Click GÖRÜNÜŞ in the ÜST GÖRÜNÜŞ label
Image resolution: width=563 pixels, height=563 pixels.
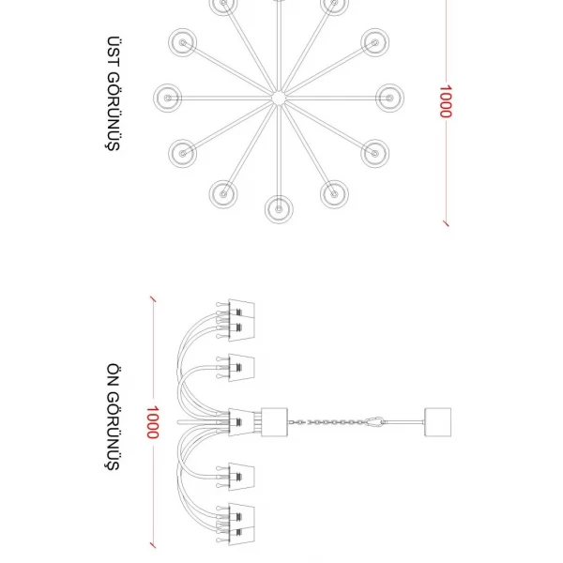(113, 112)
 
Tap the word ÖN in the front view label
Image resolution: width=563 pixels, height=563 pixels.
(113, 374)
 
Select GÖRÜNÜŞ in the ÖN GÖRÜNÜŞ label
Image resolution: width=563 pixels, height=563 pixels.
(113, 431)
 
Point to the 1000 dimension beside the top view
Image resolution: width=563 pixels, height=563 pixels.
(446, 101)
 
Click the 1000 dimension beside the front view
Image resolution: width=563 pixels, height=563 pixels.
(152, 422)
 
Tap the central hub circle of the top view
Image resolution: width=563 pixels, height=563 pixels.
(279, 98)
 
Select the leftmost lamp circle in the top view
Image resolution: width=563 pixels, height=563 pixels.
(167, 98)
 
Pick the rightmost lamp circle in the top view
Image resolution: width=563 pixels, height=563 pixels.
(389, 98)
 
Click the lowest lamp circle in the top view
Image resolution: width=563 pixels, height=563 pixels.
(279, 209)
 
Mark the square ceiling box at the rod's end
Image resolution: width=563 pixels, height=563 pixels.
(437, 422)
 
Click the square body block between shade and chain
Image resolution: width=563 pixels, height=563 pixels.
(274, 422)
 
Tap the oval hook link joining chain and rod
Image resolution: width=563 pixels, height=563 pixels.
(374, 422)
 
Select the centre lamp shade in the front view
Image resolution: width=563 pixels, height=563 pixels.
(241, 422)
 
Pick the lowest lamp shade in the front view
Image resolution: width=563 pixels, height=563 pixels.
(241, 536)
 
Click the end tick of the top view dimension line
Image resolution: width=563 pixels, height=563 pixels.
(446, 223)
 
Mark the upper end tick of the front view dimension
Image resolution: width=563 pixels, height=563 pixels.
(153, 299)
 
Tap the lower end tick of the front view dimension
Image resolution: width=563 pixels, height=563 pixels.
(153, 545)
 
